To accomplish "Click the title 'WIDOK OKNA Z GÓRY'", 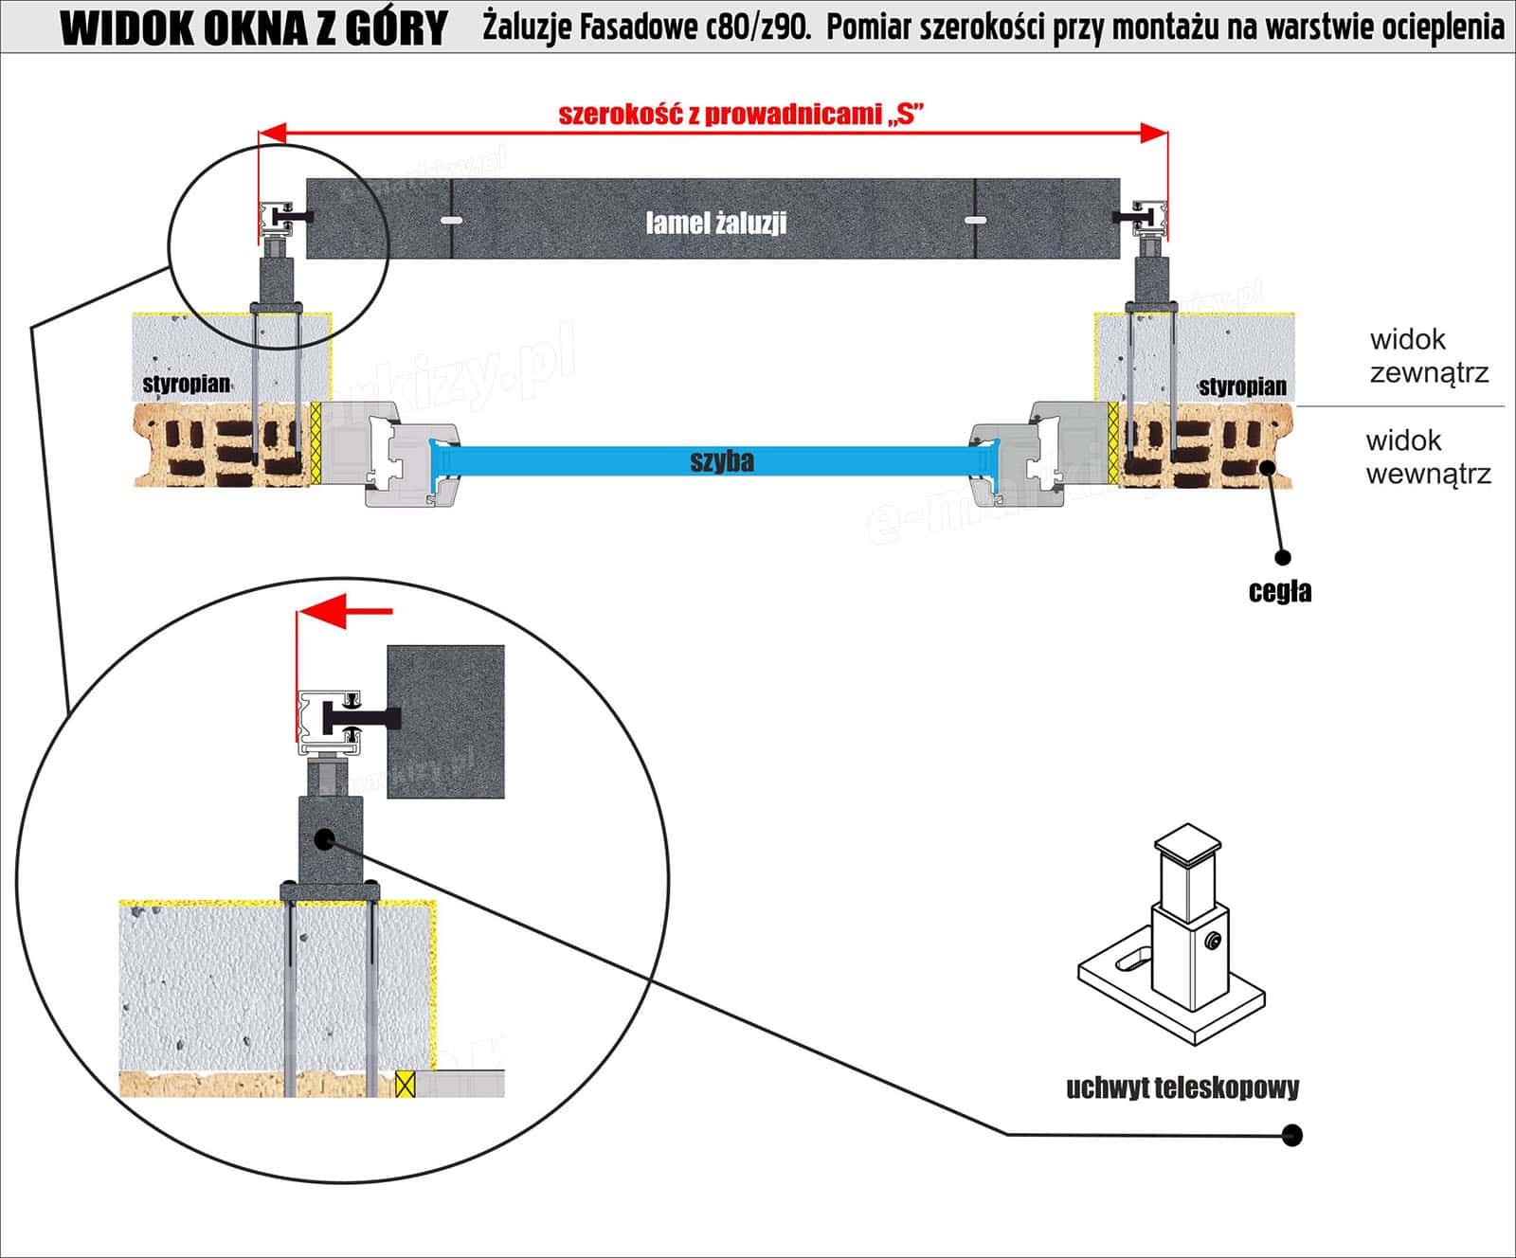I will tap(253, 28).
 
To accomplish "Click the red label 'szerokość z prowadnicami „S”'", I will tap(740, 115).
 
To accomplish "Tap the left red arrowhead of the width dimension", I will tap(273, 134).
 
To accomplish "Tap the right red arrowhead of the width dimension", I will tap(1155, 134).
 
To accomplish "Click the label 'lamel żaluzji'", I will tap(716, 223).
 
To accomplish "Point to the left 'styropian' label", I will tap(187, 384).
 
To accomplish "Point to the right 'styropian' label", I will tap(1242, 386).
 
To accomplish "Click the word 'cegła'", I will tap(1280, 592).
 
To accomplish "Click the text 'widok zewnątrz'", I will tap(1429, 355).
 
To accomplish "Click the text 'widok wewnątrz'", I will tap(1428, 457).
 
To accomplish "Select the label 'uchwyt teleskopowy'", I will tap(1182, 1087).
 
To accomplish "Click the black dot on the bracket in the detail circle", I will tap(324, 838).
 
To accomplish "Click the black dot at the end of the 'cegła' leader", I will tap(1283, 558).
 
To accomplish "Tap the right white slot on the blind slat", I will tap(976, 220).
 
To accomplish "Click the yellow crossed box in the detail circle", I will tap(406, 1084).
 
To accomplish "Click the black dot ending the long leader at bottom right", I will tap(1290, 1135).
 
